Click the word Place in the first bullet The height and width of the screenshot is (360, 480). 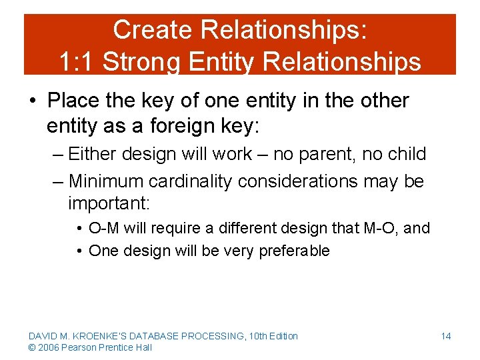[x=74, y=101]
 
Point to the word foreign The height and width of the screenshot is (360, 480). [x=227, y=125]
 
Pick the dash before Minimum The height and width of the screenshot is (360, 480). [x=57, y=181]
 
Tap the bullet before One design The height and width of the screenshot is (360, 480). [x=79, y=251]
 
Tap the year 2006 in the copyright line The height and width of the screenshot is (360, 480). [x=47, y=347]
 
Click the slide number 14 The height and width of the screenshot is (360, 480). [x=445, y=336]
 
